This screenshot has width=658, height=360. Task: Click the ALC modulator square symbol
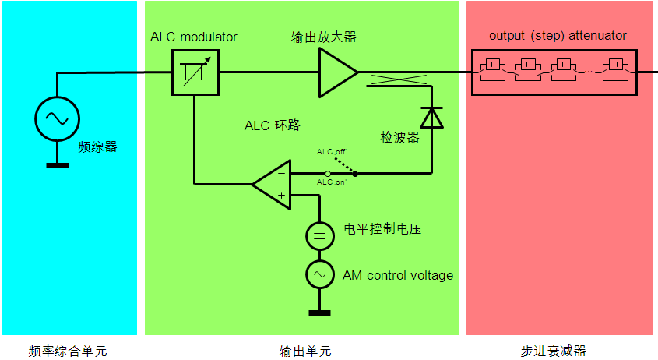[x=195, y=72]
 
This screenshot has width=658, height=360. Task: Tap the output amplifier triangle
[x=336, y=72]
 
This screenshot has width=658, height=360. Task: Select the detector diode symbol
[x=431, y=117]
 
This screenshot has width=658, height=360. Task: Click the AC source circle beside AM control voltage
[x=319, y=275]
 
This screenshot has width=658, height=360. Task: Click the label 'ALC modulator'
[x=194, y=37]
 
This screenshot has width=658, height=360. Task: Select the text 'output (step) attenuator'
[x=558, y=35]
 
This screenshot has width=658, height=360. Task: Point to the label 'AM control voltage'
[x=398, y=275]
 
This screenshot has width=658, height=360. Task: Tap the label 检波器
[x=399, y=137]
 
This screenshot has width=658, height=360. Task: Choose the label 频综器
[x=98, y=146]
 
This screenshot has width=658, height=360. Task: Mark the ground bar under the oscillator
[x=58, y=164]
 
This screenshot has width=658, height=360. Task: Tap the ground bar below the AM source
[x=319, y=313]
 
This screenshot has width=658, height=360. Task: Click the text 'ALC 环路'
[x=273, y=125]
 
